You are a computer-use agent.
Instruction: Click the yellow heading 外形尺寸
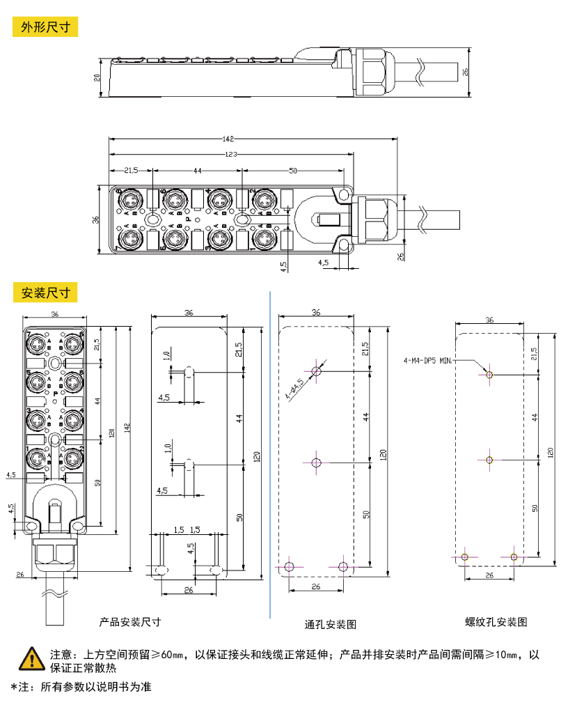coord(46,28)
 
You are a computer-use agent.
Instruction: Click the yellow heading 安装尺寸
coord(46,293)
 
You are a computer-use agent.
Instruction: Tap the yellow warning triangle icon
coord(31,657)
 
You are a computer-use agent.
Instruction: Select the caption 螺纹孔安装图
coord(496,621)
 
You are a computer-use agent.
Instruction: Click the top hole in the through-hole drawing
coord(317,371)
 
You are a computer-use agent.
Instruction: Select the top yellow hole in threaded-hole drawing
coord(489,375)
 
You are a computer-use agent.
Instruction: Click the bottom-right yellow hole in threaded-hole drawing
coord(514,557)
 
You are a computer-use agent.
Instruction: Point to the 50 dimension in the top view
coord(292,171)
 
